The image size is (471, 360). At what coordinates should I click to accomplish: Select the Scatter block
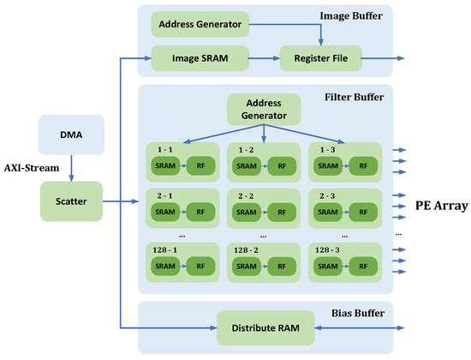tap(71, 202)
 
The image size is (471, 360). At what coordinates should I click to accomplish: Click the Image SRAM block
tap(200, 59)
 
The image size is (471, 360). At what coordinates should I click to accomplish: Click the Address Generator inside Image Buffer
tap(200, 24)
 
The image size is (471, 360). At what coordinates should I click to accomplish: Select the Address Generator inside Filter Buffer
tap(264, 109)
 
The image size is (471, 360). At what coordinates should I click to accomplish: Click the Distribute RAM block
tap(264, 327)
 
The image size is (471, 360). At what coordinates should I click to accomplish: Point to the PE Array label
tap(436, 205)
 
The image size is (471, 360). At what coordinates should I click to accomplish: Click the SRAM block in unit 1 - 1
tap(165, 165)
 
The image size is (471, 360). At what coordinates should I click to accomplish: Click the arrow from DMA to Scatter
tap(71, 168)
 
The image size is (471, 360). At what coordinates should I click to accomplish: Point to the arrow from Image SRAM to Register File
tap(265, 59)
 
